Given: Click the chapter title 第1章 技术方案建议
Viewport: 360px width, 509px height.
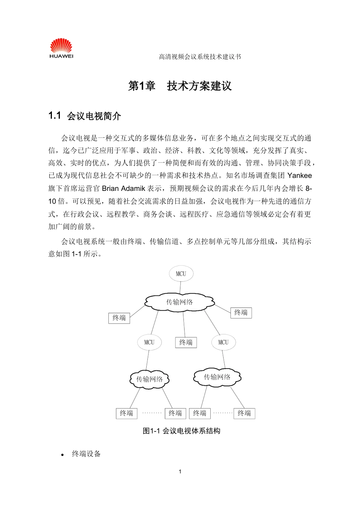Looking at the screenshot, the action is click(x=180, y=86).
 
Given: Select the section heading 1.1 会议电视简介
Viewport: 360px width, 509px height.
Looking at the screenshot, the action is click(x=85, y=116).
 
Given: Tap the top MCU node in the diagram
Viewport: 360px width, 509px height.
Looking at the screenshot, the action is click(x=181, y=273).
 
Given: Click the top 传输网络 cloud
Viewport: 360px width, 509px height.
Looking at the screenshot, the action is click(x=180, y=302).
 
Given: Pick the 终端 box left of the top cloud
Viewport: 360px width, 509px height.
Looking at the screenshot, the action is click(x=119, y=318).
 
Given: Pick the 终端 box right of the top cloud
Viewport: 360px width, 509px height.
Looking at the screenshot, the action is click(x=241, y=312).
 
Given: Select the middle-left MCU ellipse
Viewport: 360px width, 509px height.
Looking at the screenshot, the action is click(x=149, y=342).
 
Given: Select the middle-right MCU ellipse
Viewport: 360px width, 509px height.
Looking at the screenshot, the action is click(x=223, y=342).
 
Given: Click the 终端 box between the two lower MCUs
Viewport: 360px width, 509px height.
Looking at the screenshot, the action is click(x=186, y=342).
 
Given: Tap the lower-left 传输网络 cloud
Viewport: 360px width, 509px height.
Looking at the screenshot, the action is click(x=149, y=379).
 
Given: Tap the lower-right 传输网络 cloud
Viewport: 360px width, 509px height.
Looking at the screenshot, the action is click(x=217, y=377).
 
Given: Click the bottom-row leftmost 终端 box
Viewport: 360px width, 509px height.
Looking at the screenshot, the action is click(x=127, y=413).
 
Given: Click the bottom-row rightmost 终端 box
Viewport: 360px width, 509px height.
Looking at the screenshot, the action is click(x=244, y=413).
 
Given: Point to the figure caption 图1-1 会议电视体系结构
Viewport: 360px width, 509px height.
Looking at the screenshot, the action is click(x=182, y=431).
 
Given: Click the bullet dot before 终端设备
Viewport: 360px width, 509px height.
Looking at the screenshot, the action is click(x=63, y=454).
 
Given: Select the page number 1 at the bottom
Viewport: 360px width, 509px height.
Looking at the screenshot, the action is click(x=180, y=472).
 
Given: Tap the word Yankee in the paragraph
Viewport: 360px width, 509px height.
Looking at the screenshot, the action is click(x=300, y=175).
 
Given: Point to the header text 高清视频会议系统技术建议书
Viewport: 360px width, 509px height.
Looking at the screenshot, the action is click(x=200, y=57).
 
